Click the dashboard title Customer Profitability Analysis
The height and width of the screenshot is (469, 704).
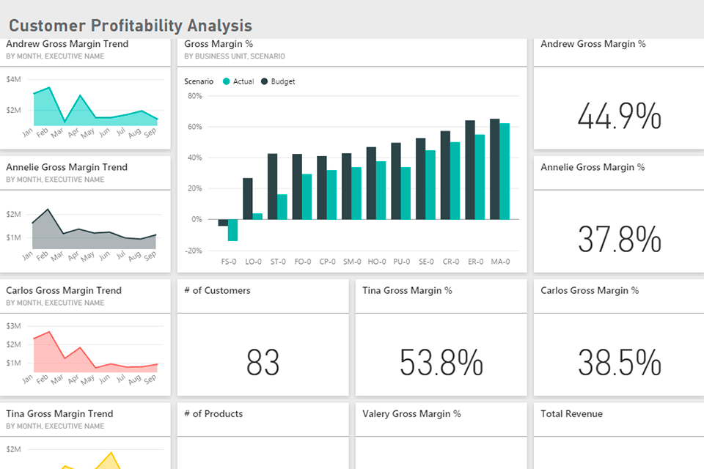pyautogui.click(x=131, y=26)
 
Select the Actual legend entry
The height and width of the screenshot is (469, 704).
pyautogui.click(x=243, y=81)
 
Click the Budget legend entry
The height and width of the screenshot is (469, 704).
pyautogui.click(x=282, y=81)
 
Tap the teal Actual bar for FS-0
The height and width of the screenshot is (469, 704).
pyautogui.click(x=232, y=229)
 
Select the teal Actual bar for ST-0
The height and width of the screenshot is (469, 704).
pyautogui.click(x=282, y=207)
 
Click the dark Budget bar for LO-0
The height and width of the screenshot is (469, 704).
pyautogui.click(x=248, y=199)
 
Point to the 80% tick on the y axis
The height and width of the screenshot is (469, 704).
pyautogui.click(x=194, y=95)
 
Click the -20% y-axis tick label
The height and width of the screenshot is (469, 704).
pyautogui.click(x=193, y=251)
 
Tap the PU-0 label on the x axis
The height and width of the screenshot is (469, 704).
pyautogui.click(x=401, y=262)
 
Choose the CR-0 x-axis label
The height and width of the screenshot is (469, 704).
pyautogui.click(x=450, y=262)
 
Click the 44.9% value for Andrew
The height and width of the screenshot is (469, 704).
pyautogui.click(x=619, y=117)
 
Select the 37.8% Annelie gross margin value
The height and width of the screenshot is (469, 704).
pyautogui.click(x=619, y=240)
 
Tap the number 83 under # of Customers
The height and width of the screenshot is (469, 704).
pyautogui.click(x=263, y=362)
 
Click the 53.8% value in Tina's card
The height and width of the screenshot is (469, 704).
pyautogui.click(x=441, y=362)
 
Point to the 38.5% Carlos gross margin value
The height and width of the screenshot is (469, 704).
pyautogui.click(x=619, y=362)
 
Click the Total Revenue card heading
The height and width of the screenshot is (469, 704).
pyautogui.click(x=571, y=414)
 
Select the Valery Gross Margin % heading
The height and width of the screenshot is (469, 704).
pyautogui.click(x=411, y=414)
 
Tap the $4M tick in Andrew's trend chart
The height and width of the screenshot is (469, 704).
pyautogui.click(x=14, y=79)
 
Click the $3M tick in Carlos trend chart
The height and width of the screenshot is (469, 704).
pyautogui.click(x=14, y=326)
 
